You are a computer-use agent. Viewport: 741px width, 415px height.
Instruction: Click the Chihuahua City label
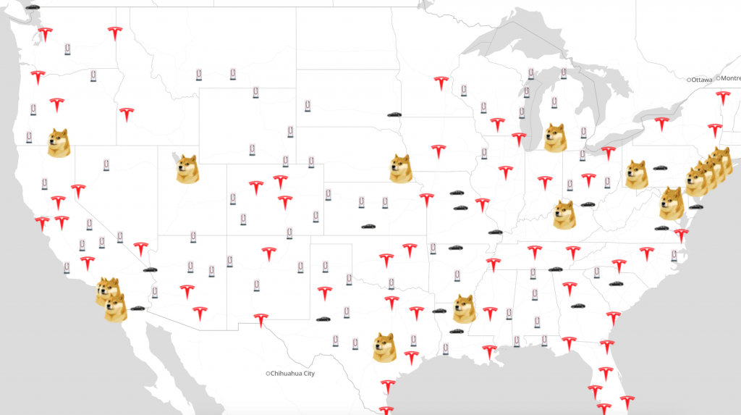coord(293,374)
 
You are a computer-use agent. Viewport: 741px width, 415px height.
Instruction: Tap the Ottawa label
coord(702,79)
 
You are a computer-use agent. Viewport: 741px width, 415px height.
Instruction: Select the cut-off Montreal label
coord(730,77)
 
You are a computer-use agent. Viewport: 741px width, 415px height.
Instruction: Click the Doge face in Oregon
coord(59,142)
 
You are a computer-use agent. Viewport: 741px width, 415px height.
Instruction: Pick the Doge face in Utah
coord(187,169)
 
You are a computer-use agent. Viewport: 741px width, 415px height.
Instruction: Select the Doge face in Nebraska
coord(400,168)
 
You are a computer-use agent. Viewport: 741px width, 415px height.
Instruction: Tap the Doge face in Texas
coord(384,348)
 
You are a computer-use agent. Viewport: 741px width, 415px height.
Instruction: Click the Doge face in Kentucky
coord(564,214)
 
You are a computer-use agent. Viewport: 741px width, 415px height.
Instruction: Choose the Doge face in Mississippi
coord(464,309)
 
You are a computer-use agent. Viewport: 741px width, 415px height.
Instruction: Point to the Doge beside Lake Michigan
coord(555,138)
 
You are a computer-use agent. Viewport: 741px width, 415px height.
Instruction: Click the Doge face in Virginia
coord(671,203)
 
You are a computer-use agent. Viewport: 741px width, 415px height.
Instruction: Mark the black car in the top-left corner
coord(32,6)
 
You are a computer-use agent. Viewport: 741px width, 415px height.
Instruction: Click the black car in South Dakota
coord(394,114)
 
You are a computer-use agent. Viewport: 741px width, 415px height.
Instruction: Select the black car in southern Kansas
coord(368,227)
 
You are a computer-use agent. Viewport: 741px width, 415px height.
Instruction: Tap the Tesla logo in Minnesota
coord(441,83)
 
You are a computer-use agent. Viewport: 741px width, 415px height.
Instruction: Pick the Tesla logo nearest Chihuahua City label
coord(261,319)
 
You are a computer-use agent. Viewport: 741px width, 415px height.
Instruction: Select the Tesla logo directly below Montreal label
coord(721,98)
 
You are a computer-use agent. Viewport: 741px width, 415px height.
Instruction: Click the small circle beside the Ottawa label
coord(690,79)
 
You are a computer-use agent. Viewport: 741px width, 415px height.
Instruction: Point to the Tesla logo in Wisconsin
coord(496,125)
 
